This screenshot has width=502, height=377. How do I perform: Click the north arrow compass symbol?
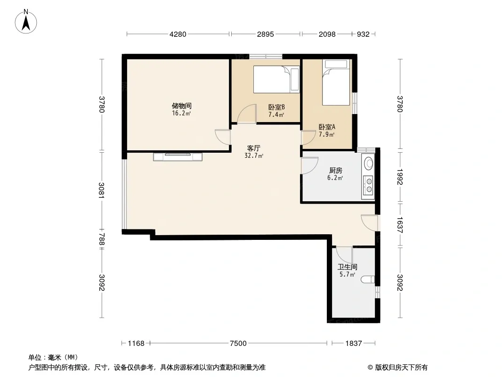[x=26, y=21]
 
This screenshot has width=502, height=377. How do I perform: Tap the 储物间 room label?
[x=181, y=106]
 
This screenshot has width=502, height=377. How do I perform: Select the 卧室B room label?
[x=276, y=107]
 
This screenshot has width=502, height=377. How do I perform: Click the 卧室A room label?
[x=327, y=127]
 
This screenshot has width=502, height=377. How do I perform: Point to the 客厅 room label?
[x=253, y=148]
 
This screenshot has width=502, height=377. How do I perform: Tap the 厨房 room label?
[x=335, y=171]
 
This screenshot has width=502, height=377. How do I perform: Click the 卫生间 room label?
[x=348, y=267]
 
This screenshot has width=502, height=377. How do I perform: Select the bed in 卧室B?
[x=276, y=80]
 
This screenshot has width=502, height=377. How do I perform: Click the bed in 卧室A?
[x=335, y=82]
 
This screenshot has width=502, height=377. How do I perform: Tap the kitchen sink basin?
[x=369, y=163]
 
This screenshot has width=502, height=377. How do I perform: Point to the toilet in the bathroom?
[x=368, y=279]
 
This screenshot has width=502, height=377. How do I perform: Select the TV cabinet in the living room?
[x=178, y=156]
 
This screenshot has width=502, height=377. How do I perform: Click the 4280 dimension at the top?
[x=178, y=34]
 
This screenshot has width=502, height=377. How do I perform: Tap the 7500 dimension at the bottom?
[x=238, y=344]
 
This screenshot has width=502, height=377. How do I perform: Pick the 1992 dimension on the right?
[x=400, y=177]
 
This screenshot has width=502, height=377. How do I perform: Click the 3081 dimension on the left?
[x=102, y=190]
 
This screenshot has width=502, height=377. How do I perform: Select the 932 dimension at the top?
[x=363, y=34]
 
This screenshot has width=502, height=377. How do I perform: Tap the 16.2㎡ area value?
[x=181, y=114]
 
